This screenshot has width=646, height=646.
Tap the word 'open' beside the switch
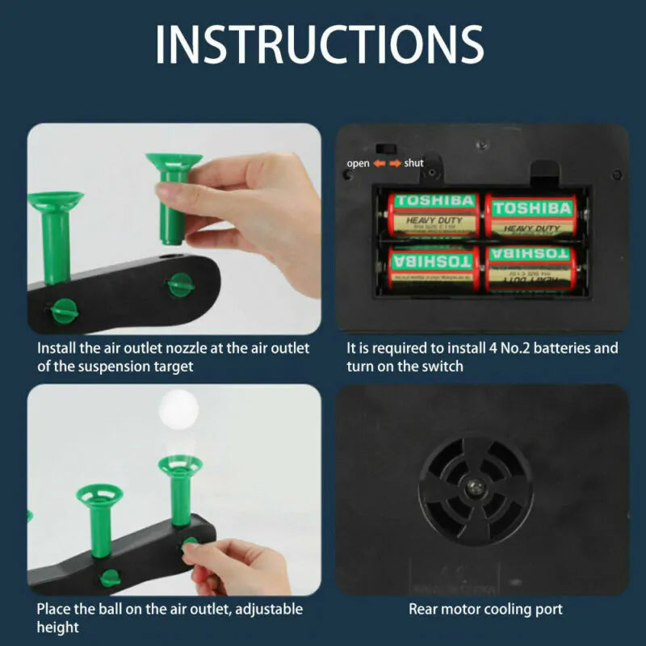358,163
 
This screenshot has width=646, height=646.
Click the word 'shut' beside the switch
413,163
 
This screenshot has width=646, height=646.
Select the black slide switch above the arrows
385,149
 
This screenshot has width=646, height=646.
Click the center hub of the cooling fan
475,487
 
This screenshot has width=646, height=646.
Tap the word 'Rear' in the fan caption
424,609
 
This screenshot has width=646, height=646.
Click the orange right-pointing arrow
395,163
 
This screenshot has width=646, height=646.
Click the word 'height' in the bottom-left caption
57,627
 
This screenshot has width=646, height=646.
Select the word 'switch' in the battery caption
445,366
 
